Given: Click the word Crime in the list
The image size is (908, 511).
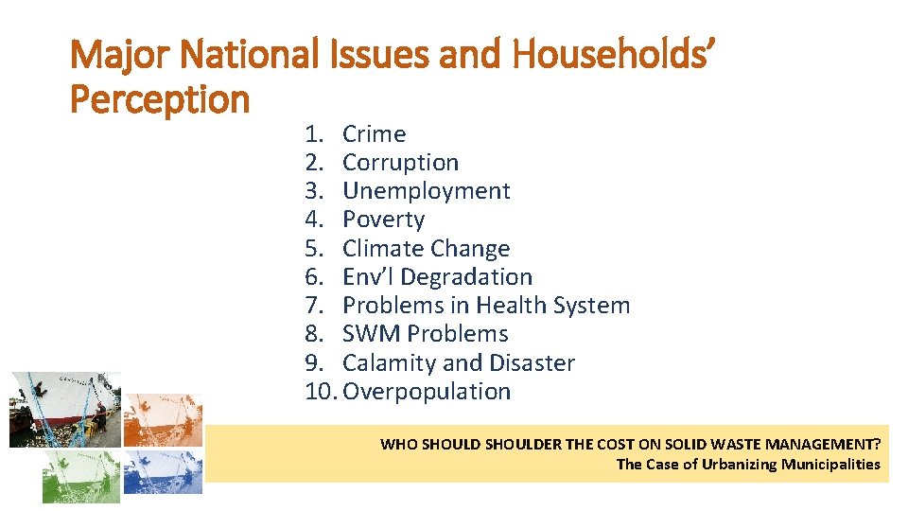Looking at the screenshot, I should point(374,134).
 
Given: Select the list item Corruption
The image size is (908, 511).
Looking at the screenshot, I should point(400,163).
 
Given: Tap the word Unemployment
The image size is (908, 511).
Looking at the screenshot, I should point(426,191).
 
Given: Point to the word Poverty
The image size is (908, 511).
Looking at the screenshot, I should point(383,220).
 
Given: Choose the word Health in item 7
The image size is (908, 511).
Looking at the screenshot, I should point(510,306).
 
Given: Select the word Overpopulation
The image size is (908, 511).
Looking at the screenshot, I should point(427,392).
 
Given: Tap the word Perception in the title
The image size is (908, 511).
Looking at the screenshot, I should point(160,98).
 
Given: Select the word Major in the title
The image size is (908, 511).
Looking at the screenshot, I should point(122,57).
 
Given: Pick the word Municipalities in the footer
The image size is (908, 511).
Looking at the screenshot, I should point(830,464).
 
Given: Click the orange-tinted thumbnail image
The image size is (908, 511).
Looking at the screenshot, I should point(164,419).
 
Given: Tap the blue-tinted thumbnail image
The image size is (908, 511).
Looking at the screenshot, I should point(164,470).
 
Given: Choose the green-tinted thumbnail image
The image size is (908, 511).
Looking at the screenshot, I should point(81,475).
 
